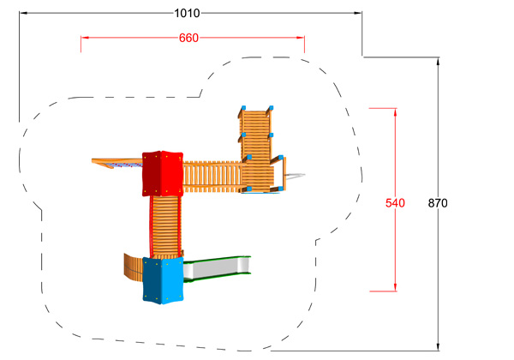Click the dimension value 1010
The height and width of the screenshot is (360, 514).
pyautogui.click(x=187, y=14)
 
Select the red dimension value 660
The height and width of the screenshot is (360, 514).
pyautogui.click(x=188, y=38)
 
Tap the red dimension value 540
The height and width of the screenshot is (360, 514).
pyautogui.click(x=395, y=203)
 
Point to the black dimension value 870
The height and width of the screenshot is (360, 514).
pyautogui.click(x=438, y=203)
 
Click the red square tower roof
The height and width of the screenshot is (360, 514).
pyautogui.click(x=163, y=173)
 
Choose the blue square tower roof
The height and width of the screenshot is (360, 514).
pyautogui.click(x=163, y=280)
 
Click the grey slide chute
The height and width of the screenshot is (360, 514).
pyautogui.click(x=217, y=269)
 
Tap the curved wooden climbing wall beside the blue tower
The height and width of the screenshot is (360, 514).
pyautogui.click(x=133, y=267)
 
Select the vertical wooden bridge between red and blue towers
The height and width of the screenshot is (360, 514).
pyautogui.click(x=165, y=226)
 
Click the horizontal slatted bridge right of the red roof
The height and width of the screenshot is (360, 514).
pyautogui.click(x=213, y=177)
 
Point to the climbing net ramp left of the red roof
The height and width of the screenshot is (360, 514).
pyautogui.click(x=117, y=163)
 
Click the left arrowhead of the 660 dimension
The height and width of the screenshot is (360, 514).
pyautogui.click(x=85, y=38)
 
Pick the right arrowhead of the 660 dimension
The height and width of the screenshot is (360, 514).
pyautogui.click(x=301, y=38)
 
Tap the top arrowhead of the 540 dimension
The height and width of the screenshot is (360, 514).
pyautogui.click(x=395, y=112)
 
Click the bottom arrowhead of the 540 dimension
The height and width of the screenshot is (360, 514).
pyautogui.click(x=395, y=287)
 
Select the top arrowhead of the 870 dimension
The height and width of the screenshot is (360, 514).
pyautogui.click(x=438, y=62)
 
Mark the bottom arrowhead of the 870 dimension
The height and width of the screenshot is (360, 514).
pyautogui.click(x=438, y=347)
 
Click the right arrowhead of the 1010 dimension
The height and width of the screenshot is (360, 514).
pyautogui.click(x=357, y=13)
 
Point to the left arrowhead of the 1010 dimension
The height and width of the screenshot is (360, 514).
pyautogui.click(x=24, y=13)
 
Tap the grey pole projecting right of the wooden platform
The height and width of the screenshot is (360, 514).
pyautogui.click(x=295, y=176)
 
